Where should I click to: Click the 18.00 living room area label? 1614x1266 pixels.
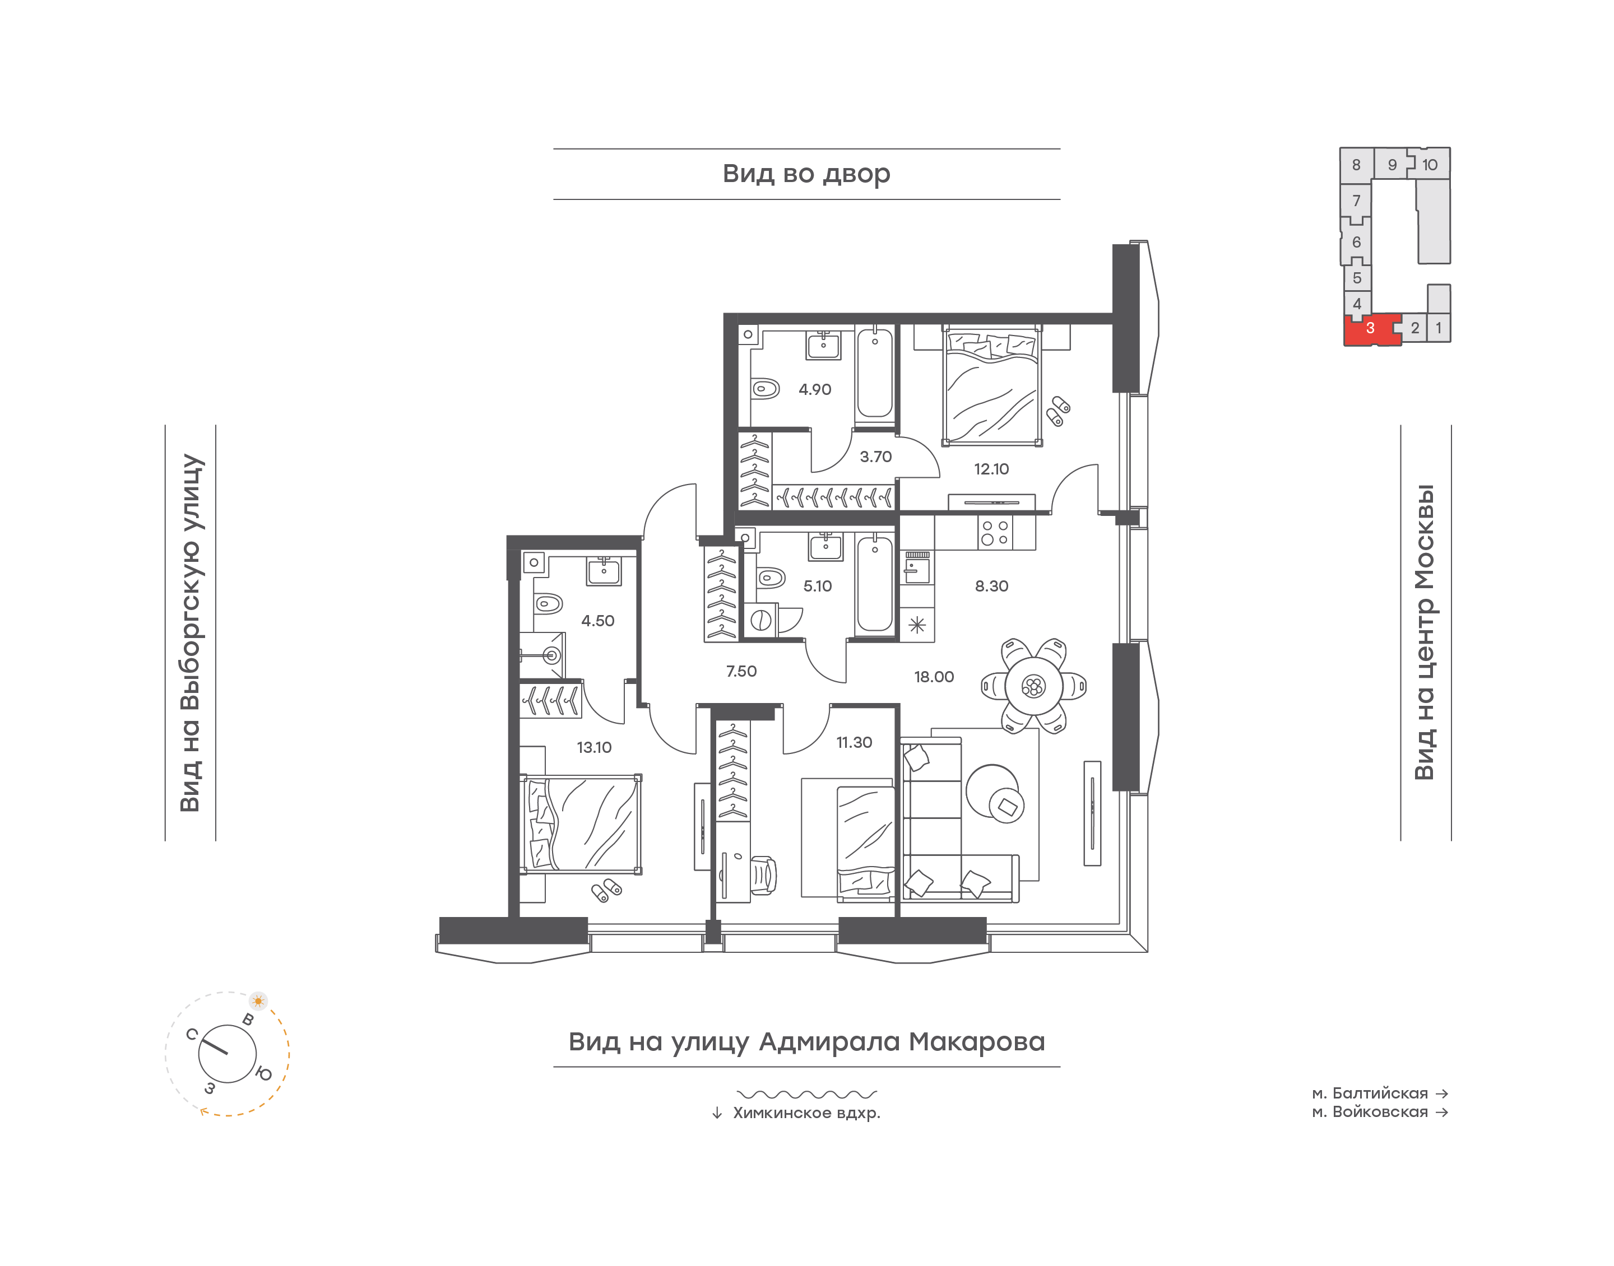(934, 677)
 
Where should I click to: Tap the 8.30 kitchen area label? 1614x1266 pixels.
(991, 587)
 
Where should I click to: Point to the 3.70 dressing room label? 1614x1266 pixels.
(875, 457)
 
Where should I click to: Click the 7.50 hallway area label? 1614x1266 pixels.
(741, 672)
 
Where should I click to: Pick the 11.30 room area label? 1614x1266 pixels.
(854, 743)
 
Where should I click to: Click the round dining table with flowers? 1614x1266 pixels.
(1033, 686)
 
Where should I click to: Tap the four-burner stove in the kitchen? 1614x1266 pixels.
(994, 533)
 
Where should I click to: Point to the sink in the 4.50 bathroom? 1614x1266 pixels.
(604, 571)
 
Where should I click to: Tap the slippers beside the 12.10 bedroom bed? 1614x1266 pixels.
(1058, 411)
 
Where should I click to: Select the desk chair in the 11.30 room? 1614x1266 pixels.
(764, 876)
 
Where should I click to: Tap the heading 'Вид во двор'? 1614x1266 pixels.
(806, 174)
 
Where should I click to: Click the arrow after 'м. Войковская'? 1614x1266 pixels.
(1442, 1113)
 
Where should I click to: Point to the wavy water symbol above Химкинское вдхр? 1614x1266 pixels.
(806, 1094)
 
